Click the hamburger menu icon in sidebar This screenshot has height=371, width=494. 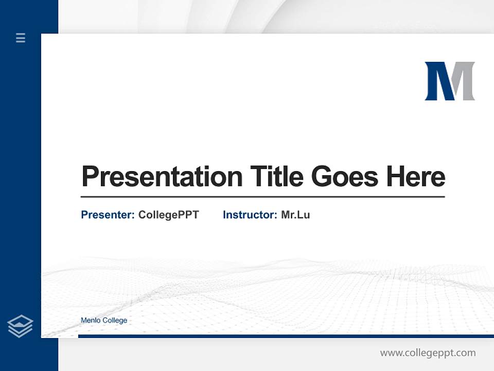tap(21, 38)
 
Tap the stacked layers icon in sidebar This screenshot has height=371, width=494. tap(20, 326)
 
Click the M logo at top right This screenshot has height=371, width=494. tap(449, 81)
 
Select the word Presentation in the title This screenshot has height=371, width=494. tap(162, 177)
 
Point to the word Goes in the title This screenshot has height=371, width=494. tap(345, 177)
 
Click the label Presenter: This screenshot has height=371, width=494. tap(108, 215)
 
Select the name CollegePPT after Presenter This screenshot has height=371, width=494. tap(168, 215)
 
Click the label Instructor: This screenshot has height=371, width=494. tap(250, 215)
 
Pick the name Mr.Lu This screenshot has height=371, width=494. tap(295, 215)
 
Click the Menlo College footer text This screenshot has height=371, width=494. tap(104, 321)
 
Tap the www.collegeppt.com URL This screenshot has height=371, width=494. tap(428, 353)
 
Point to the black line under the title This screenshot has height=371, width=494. tap(262, 197)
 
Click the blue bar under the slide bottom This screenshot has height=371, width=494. tap(286, 336)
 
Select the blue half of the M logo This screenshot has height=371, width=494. tap(436, 81)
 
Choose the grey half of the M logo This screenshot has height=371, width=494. tap(464, 81)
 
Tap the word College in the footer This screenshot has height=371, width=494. tap(115, 321)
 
